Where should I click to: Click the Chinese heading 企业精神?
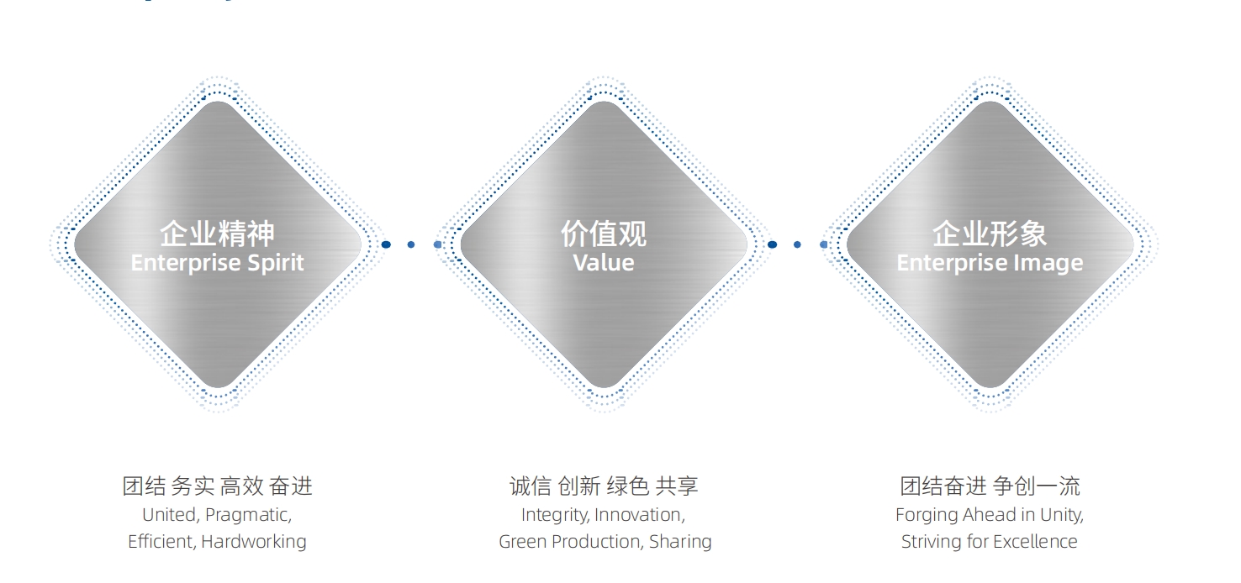[x=217, y=234]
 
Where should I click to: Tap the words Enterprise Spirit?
[x=217, y=263]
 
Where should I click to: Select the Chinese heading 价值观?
[x=604, y=234]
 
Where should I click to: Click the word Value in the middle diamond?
[x=604, y=263]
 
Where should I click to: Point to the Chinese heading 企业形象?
[x=990, y=234]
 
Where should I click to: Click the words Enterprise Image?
[x=990, y=263]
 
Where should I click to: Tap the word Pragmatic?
[x=248, y=516]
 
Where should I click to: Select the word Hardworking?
[x=254, y=542]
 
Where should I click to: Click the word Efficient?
[x=161, y=542]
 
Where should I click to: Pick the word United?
[x=171, y=516]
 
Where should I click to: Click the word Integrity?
[x=555, y=516]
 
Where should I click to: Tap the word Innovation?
[x=640, y=516]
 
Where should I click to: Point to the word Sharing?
[x=680, y=542]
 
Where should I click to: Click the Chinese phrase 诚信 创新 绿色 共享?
[x=604, y=486]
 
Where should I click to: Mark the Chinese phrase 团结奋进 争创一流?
[x=990, y=486]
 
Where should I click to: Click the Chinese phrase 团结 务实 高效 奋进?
[x=217, y=486]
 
